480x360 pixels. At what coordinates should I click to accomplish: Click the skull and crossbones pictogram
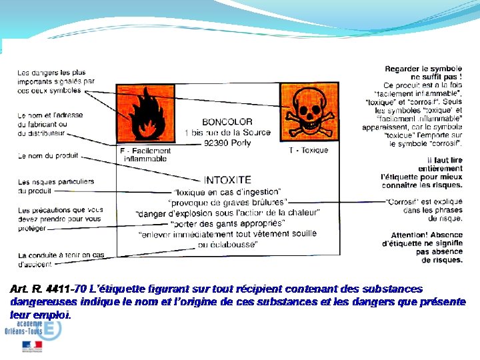(309, 111)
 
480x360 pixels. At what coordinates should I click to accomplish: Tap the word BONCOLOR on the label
(227, 122)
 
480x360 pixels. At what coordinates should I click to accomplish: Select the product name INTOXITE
(227, 180)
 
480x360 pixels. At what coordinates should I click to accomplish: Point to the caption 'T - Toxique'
(309, 151)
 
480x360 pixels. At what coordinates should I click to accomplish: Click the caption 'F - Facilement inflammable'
(145, 155)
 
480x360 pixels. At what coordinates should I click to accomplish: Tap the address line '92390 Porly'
(227, 143)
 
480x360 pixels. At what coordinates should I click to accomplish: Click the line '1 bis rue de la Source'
(227, 133)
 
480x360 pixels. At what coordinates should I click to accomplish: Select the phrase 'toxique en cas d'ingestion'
(227, 192)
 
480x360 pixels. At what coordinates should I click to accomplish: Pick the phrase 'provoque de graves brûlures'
(227, 203)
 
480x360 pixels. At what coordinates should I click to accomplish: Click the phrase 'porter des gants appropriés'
(227, 223)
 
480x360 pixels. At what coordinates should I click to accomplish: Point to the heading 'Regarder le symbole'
(423, 69)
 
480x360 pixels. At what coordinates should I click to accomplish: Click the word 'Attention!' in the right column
(409, 235)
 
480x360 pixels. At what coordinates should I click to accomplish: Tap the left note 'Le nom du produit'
(48, 156)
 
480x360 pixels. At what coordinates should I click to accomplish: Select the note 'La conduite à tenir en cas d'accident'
(61, 259)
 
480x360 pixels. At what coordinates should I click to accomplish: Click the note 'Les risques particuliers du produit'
(56, 186)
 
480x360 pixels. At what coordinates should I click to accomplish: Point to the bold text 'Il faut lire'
(445, 160)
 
